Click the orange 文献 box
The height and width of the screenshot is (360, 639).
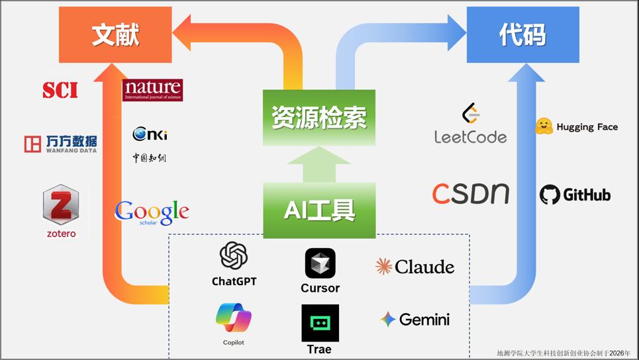[115, 35]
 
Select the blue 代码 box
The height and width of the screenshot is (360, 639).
[522, 35]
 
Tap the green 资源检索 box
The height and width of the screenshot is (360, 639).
[319, 118]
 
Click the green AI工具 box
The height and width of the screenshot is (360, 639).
[319, 210]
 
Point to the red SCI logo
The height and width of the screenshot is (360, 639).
[60, 90]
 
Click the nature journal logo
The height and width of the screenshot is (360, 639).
[152, 90]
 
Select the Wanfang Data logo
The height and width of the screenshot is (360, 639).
[60, 144]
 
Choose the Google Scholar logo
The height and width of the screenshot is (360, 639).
[152, 212]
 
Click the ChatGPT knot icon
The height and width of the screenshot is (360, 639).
[234, 257]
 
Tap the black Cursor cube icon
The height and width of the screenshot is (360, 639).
[320, 263]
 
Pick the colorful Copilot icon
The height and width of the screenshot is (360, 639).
[234, 318]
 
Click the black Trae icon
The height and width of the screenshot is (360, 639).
[320, 322]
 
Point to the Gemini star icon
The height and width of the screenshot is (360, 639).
[388, 320]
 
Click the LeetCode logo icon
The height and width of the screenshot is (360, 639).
[470, 114]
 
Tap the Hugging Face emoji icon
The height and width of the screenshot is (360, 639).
[544, 126]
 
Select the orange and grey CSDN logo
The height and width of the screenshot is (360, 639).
[470, 194]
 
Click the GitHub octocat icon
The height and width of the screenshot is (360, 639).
[550, 195]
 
